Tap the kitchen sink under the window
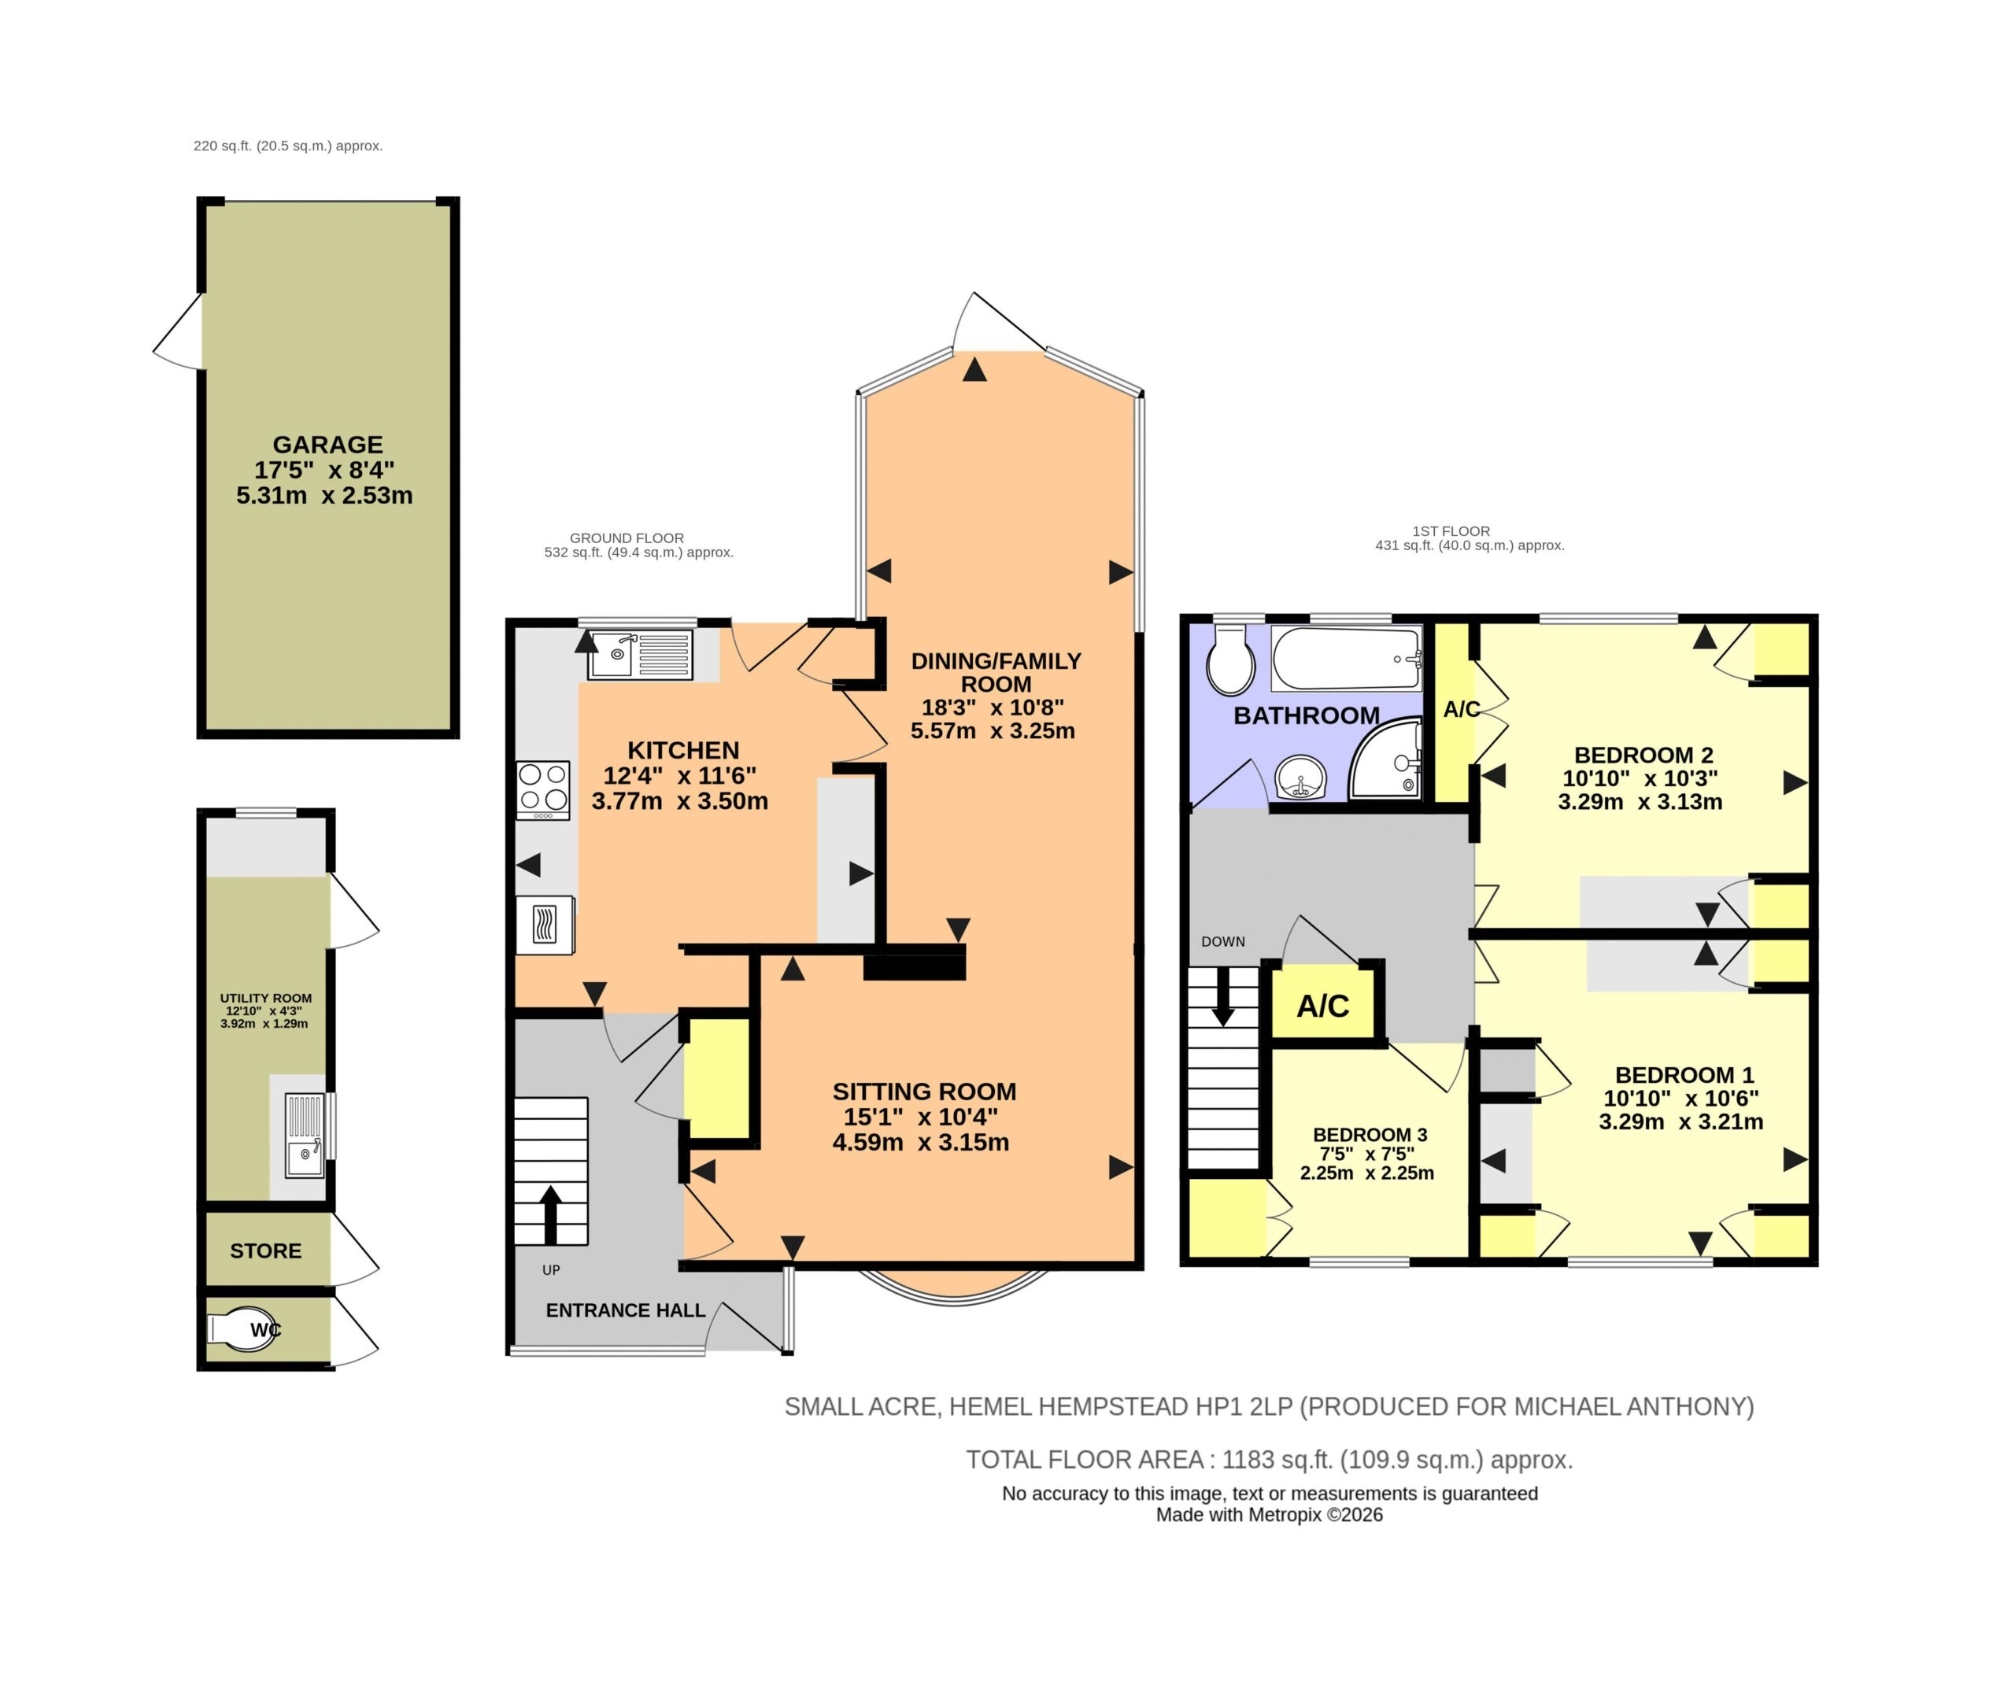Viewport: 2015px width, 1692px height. [641, 654]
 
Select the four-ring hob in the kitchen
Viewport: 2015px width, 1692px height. [543, 789]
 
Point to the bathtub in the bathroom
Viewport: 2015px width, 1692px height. [1346, 658]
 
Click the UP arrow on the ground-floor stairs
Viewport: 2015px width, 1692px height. [551, 1215]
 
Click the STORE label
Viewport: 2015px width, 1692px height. [266, 1251]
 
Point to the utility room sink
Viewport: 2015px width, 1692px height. [306, 1136]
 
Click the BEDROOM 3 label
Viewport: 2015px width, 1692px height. [1370, 1135]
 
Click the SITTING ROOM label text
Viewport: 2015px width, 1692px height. [924, 1092]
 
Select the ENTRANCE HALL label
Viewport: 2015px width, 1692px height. [626, 1310]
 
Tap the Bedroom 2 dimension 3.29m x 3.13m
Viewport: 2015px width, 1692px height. [1640, 802]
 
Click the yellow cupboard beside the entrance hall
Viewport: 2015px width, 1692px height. [717, 1078]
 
